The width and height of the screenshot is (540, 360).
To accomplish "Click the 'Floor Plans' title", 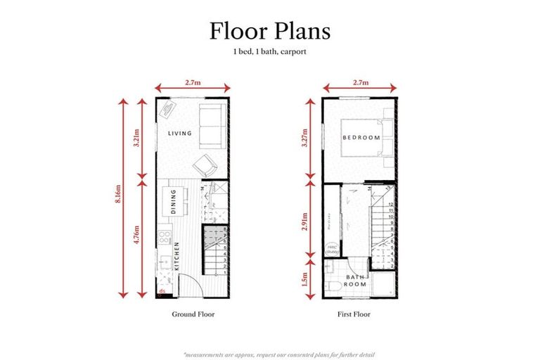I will pos(270,31).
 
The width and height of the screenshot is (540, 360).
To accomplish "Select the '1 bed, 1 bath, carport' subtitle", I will pos(270,53).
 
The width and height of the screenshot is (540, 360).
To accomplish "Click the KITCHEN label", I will pos(176,257).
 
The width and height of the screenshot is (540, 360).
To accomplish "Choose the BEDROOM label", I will pos(361,137).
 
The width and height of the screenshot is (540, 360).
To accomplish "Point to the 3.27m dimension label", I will pos(305,141).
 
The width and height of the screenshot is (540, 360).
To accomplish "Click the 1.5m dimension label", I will pos(305,281).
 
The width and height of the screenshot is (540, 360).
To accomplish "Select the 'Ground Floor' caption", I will pos(193,314).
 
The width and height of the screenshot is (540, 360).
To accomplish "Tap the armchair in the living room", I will pos(205,166).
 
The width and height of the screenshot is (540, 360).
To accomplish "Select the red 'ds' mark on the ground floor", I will pos(162,290).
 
